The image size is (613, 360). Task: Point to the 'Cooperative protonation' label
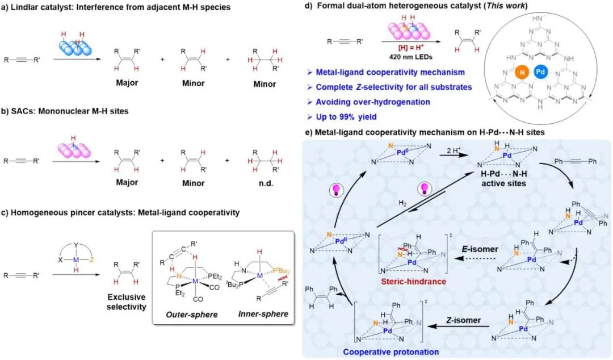point(391,352)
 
